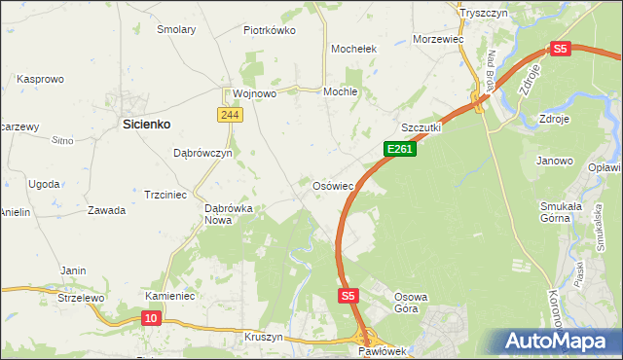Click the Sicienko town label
[x=146, y=124]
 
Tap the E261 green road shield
[x=400, y=149]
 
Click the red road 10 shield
[x=151, y=317]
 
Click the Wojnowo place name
[x=255, y=93]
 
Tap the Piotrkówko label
[x=269, y=29]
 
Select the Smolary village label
[x=177, y=29]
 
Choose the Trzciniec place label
[x=165, y=195]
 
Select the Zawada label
[x=106, y=210]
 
